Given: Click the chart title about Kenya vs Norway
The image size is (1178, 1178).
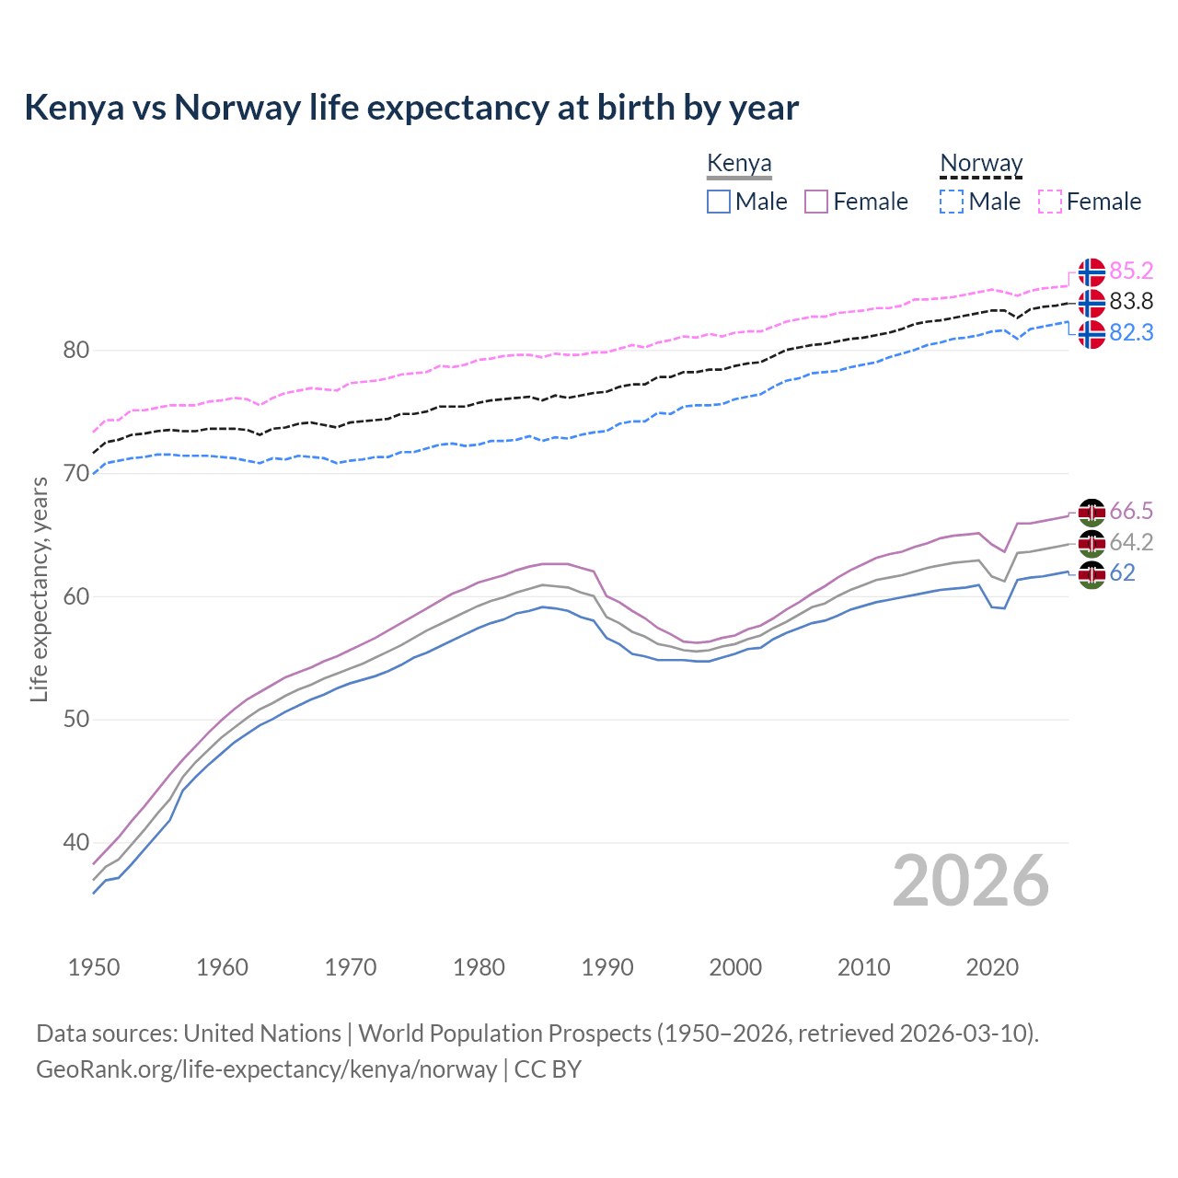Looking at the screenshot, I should pos(411,108).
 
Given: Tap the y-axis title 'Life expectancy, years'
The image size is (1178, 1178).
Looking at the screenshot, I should pos(39,589).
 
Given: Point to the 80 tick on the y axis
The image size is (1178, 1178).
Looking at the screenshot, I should pos(76,351).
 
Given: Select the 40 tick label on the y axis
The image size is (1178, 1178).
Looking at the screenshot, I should pos(76,842).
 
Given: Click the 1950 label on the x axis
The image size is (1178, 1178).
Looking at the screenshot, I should pos(94,967).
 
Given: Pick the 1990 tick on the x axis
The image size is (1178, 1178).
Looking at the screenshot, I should pos(607,967).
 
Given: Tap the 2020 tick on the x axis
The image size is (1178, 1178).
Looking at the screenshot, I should pos(992,967).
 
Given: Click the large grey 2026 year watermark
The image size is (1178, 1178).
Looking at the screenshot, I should pos(971,882).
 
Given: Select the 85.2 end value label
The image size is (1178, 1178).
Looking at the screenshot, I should pos(1131,271).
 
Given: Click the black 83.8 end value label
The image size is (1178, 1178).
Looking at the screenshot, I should pos(1131,302).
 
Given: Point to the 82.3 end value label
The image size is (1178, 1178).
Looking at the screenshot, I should pos(1131,333).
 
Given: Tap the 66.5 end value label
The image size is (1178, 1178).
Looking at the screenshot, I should pos(1131,512).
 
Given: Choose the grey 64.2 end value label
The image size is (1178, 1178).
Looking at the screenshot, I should pos(1131,543).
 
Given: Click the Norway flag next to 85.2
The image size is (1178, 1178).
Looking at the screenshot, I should pos(1091,272).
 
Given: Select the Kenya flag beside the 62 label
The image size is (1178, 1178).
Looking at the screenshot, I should pos(1091,574).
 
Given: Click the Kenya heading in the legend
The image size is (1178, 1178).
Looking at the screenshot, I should pos(739,164).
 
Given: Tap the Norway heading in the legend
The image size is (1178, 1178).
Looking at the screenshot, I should pos(981,164).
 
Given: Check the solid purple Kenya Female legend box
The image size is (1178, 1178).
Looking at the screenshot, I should pos(816,202).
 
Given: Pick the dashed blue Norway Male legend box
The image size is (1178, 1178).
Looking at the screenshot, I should pos(952,202).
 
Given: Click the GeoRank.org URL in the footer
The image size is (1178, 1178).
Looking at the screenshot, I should pos(267,1069).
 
